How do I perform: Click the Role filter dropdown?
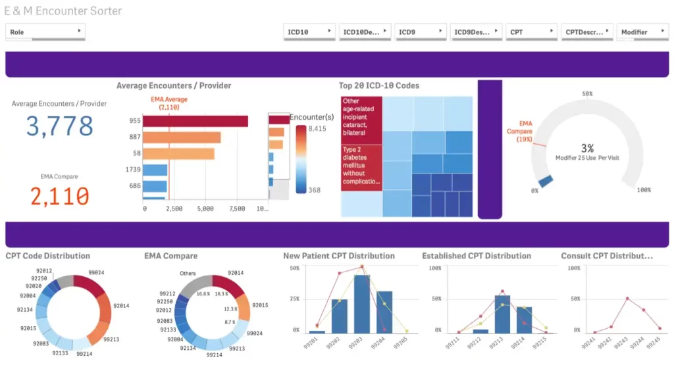coord(45,32)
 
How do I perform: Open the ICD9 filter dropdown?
coord(421,32)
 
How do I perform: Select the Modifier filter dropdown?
coord(642,32)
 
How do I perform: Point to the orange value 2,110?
coord(60,196)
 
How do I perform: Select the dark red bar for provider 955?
coord(195,121)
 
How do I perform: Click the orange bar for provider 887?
coord(182,137)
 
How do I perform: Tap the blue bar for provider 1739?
coord(155,170)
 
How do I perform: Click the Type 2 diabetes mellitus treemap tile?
coord(361,168)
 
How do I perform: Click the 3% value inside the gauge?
coord(587,149)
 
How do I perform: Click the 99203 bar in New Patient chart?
coord(362,303)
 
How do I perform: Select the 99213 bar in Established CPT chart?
coord(502,313)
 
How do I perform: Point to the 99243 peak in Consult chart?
coord(627,299)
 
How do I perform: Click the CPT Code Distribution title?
coord(48,256)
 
